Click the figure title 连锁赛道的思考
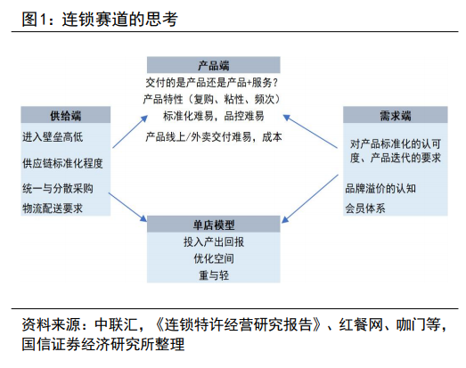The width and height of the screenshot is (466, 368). click(119, 20)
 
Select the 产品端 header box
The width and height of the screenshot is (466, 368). click(213, 65)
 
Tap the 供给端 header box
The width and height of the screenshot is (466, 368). click(65, 115)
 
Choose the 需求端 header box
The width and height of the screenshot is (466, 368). click(396, 115)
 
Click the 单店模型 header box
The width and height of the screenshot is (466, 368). click(213, 225)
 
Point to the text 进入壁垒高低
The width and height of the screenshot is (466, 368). click(53, 137)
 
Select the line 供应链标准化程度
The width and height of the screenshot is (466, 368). click(62, 163)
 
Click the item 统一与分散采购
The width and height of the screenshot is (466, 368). click(58, 189)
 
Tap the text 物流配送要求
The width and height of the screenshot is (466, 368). click(53, 209)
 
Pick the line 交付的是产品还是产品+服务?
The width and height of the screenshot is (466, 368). click(211, 83)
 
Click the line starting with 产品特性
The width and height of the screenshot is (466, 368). click(211, 99)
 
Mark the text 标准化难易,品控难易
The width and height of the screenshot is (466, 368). click(213, 116)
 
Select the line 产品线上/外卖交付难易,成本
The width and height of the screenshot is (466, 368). click(214, 137)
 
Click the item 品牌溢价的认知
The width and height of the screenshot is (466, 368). click(380, 189)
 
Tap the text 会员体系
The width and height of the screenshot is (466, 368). click(365, 209)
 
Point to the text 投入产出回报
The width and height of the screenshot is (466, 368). click(214, 242)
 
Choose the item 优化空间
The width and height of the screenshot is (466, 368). click(214, 258)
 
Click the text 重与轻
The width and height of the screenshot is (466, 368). click(214, 275)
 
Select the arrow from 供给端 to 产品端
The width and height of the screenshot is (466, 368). click(130, 132)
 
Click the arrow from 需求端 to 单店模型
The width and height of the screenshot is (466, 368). click(310, 199)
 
